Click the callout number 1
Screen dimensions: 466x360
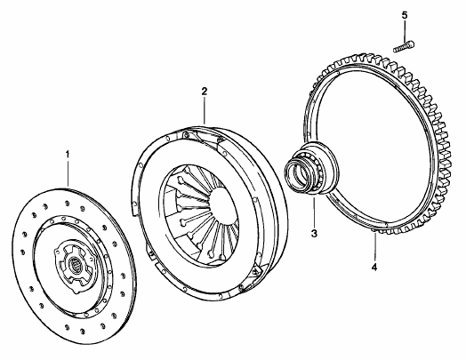68,155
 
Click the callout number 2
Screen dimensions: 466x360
205,91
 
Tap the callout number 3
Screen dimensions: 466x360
314,234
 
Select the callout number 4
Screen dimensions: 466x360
374,267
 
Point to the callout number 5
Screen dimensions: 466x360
405,15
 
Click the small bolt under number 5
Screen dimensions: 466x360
404,47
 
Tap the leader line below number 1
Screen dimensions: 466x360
68,173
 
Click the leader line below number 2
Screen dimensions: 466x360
205,110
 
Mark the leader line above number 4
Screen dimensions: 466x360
374,247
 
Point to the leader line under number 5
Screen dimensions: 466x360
405,31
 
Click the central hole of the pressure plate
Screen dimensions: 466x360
222,202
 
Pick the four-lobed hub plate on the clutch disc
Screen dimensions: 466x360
74,265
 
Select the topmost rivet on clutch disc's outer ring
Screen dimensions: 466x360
67,204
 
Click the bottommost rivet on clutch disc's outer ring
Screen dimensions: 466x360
83,331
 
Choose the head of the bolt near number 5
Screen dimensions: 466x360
412,44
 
